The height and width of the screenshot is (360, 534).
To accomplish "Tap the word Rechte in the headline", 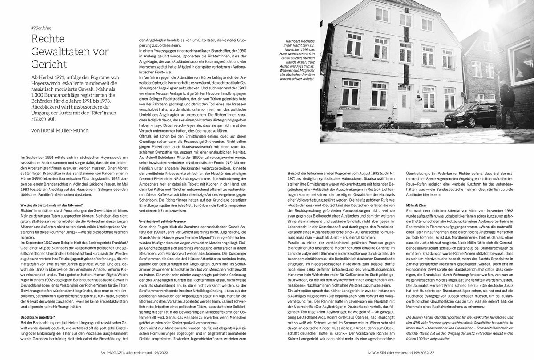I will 48,39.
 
